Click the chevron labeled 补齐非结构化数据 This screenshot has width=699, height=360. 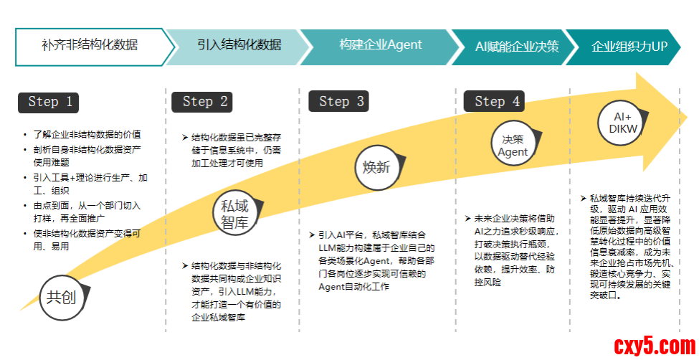click(90, 46)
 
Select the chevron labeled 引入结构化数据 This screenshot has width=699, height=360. click(239, 45)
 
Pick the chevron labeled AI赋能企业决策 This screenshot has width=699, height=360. click(516, 46)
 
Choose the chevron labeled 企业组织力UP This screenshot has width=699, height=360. click(629, 46)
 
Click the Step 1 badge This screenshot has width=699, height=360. click(49, 102)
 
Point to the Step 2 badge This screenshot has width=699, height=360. click(203, 102)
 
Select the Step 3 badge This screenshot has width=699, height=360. click(339, 102)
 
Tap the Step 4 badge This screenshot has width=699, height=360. click(495, 102)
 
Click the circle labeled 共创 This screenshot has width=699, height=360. click(61, 296)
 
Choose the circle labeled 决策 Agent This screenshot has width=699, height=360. click(513, 145)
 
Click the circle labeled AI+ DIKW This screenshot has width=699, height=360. click(622, 123)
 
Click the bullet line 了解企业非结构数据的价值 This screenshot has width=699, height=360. click(86, 134)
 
